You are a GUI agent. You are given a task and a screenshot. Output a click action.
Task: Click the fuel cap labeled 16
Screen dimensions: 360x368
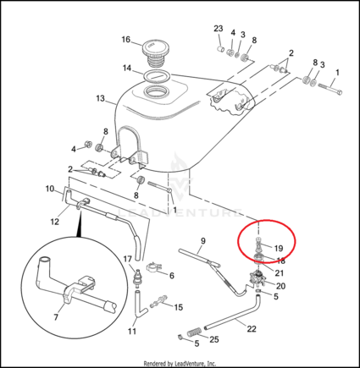coord(156,55)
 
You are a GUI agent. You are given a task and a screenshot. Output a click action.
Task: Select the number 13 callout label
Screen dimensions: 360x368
coord(100,99)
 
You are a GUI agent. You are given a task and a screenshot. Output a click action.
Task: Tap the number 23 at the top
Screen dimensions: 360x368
coord(219,29)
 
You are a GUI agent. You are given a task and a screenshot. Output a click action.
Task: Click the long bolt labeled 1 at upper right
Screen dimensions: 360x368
coord(330,89)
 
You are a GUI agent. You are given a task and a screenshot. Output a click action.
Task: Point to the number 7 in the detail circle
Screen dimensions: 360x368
coord(56,317)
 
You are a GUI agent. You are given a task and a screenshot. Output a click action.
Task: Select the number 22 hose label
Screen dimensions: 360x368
coord(252,329)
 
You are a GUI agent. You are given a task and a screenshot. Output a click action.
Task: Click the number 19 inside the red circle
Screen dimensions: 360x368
coord(279,248)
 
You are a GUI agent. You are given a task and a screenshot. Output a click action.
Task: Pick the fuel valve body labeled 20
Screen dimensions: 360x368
coord(257,277)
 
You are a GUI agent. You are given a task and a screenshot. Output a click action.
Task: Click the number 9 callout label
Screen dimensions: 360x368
coord(203,241)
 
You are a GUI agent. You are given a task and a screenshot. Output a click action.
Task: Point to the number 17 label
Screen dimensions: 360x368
coord(128,259)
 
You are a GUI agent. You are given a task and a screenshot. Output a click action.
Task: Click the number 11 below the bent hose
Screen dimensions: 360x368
coord(132,331)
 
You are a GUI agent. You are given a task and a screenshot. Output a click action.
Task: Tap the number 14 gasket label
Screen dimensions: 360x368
coord(127,68)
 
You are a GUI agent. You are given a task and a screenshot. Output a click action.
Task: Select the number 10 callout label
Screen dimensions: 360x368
coord(50,189)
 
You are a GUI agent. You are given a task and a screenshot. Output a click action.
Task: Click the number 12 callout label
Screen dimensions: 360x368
coord(55,222)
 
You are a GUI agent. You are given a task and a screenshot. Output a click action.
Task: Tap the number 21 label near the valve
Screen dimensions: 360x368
coord(279,273)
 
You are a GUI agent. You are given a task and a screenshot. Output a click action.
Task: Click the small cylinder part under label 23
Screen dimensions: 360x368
coord(220,49)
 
